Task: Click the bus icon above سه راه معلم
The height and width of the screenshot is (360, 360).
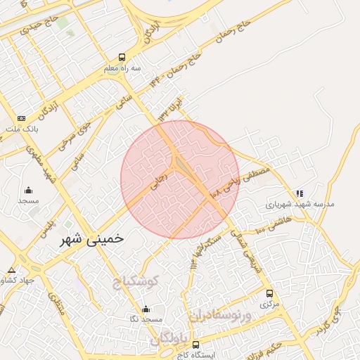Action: click(122, 58)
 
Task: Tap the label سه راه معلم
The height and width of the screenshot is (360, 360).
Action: click(121, 69)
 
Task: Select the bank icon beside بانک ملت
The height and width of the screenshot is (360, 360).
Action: click(21, 118)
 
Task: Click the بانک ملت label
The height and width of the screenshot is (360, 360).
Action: click(24, 130)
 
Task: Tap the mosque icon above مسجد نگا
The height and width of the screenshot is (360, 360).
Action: click(146, 309)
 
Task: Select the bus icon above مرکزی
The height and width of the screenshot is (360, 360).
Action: click(269, 293)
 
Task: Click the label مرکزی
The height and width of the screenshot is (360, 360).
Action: click(269, 304)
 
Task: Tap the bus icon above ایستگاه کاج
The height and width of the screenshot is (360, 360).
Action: click(195, 345)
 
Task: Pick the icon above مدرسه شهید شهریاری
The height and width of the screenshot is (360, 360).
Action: click(300, 193)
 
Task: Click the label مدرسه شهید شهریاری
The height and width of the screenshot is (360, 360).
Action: click(300, 205)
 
